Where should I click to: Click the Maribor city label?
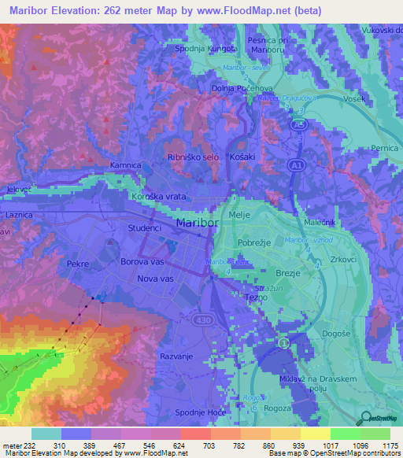coord(197,222)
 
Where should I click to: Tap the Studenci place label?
coord(144,228)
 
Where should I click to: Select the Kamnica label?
coord(125,165)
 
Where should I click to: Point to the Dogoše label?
coord(336,334)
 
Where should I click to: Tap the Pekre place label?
coord(78,264)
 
